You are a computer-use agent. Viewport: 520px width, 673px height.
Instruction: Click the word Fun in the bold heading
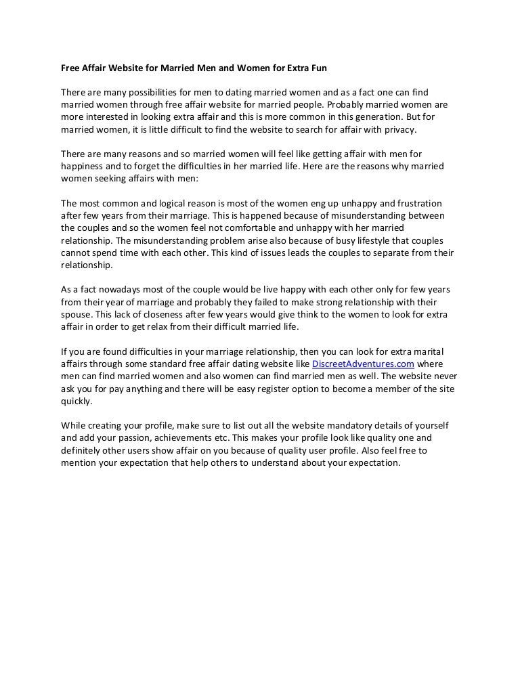pyautogui.click(x=318, y=69)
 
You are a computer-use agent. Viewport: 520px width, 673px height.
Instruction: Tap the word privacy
pyautogui.click(x=399, y=129)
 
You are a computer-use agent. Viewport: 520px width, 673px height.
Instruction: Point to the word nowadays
pyautogui.click(x=108, y=290)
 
